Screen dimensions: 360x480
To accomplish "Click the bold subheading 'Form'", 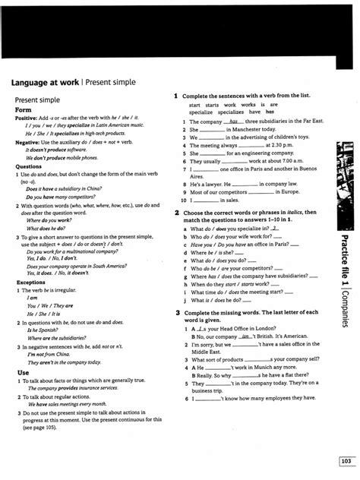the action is click(24, 109).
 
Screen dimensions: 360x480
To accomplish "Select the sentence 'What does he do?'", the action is click(46, 228).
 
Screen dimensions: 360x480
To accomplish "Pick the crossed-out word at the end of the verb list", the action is click(270, 111).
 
